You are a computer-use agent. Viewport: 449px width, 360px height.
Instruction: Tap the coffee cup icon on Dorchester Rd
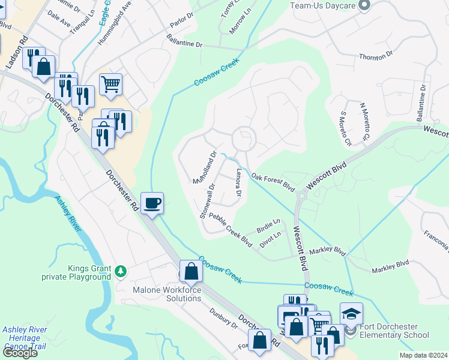(153, 203)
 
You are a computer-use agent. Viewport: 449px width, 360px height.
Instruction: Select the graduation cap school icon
(351, 314)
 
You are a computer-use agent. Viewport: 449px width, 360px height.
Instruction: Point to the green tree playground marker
(121, 271)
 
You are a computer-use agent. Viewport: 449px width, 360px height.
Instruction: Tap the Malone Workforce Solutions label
(166, 294)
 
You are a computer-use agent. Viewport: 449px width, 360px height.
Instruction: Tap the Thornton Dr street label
(375, 55)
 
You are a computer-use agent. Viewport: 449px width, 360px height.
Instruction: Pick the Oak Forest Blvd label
(273, 182)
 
